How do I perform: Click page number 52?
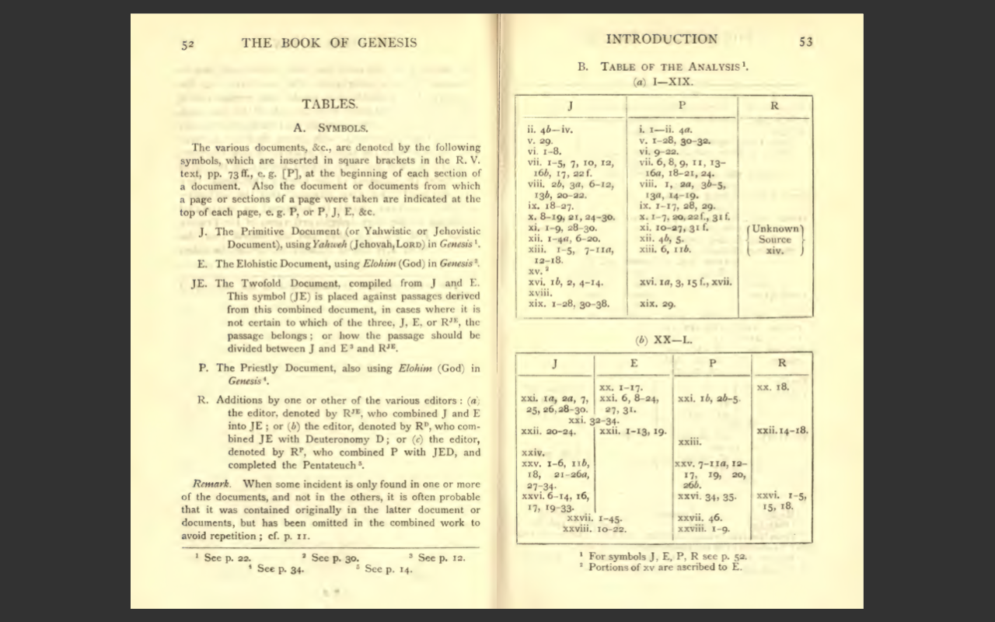click(x=187, y=44)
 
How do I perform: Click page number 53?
click(x=805, y=42)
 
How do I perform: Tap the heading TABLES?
click(x=330, y=103)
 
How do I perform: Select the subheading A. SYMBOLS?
click(x=330, y=128)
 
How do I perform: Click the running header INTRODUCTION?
click(x=662, y=40)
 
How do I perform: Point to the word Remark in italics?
click(x=211, y=484)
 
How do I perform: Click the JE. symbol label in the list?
click(x=199, y=283)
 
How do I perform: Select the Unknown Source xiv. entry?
click(x=774, y=239)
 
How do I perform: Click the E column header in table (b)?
click(x=634, y=363)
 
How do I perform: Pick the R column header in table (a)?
click(x=774, y=107)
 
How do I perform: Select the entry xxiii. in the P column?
click(x=690, y=442)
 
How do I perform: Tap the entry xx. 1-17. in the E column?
click(x=620, y=387)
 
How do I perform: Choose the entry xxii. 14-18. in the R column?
click(x=782, y=430)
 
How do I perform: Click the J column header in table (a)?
click(x=571, y=107)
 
